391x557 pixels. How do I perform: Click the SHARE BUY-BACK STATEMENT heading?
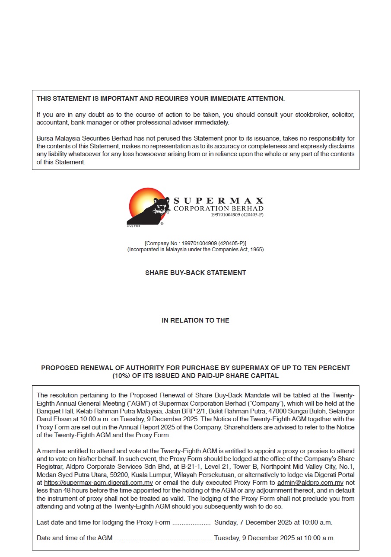coord(195,273)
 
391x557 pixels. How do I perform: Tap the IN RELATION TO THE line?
coord(195,320)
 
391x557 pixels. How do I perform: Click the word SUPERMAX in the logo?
coord(218,201)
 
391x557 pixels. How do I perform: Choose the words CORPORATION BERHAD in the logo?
coord(218,208)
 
